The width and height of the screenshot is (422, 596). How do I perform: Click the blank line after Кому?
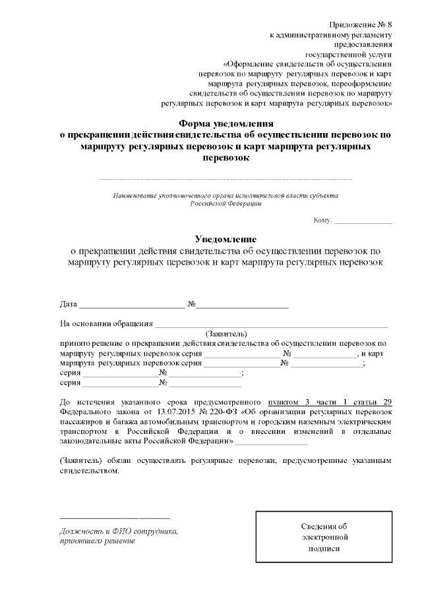click(363, 223)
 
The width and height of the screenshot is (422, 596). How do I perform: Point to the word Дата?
click(68, 304)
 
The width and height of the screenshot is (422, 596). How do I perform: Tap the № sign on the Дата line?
click(193, 304)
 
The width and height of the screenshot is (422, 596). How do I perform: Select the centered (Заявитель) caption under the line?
click(226, 334)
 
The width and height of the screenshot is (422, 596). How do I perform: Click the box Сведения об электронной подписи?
click(323, 537)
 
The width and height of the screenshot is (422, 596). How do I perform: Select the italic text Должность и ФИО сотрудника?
click(119, 530)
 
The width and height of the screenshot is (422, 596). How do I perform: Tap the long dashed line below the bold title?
click(226, 178)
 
